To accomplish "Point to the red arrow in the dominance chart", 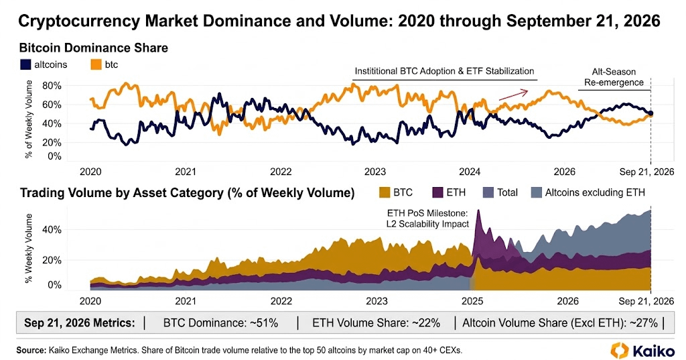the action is [514, 95].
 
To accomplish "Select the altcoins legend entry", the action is [44, 65].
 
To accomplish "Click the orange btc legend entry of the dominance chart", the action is [105, 65].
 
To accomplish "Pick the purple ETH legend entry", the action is [449, 192].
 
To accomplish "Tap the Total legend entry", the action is [500, 192].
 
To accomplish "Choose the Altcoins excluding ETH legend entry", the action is [588, 192].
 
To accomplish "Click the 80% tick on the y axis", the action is [52, 86].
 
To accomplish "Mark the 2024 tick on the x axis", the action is [470, 172].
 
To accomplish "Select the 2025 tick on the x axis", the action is [472, 301].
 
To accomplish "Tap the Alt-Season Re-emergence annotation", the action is [614, 77].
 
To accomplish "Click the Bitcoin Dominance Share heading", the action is [94, 48].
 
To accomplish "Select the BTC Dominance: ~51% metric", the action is [220, 323].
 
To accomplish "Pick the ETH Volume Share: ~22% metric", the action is [376, 323].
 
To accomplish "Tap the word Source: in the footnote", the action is [31, 351].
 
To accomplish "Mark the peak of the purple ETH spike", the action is [478, 211].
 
